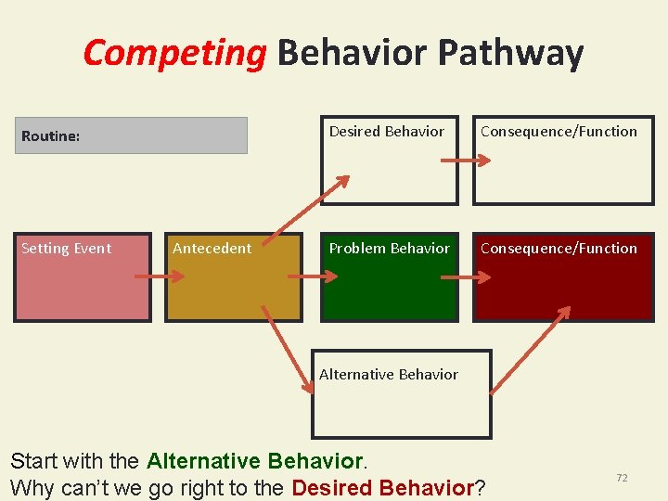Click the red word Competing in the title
tap(174, 54)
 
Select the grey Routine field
tap(131, 135)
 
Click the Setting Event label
tap(66, 248)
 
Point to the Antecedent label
tap(212, 248)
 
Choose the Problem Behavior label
tap(389, 248)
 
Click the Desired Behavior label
tap(386, 131)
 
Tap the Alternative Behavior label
tap(388, 374)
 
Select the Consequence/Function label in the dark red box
tap(559, 248)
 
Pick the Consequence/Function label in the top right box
tap(559, 131)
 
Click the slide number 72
tap(622, 477)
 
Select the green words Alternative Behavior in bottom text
tap(255, 461)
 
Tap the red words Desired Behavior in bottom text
tap(383, 487)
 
